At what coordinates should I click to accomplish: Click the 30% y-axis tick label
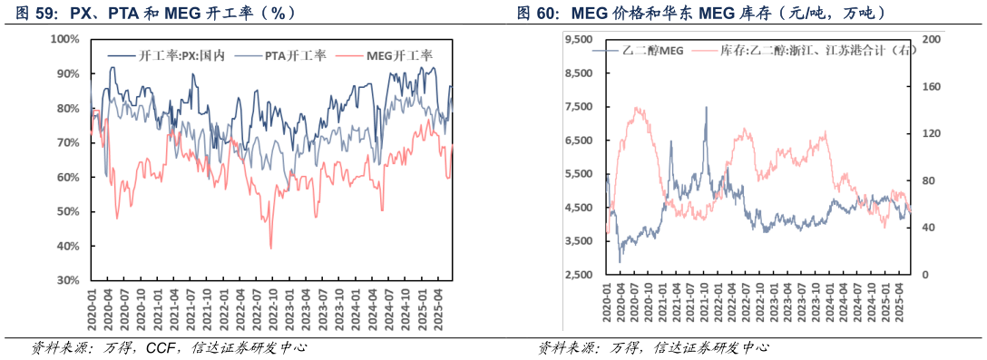(x=67, y=281)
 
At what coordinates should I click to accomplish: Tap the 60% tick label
(x=67, y=178)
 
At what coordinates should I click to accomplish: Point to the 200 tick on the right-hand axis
(x=930, y=40)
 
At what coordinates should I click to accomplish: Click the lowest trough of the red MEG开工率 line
(x=270, y=248)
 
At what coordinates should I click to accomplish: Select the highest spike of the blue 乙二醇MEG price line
(x=706, y=107)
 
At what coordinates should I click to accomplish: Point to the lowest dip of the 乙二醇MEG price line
(x=621, y=262)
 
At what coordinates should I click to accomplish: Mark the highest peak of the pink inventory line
(x=637, y=108)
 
